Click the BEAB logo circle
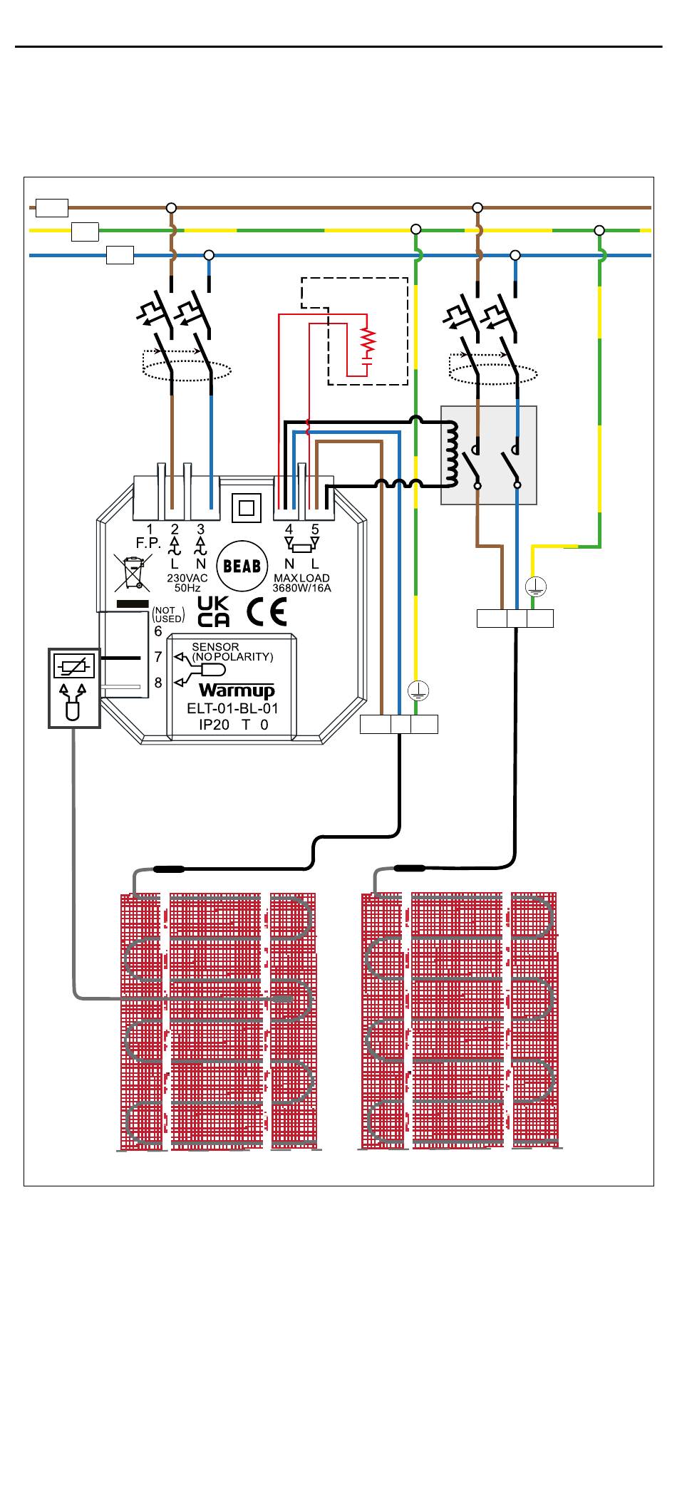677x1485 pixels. tap(242, 566)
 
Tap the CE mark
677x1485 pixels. tap(267, 612)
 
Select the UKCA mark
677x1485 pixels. tap(213, 611)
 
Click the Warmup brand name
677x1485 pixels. tap(237, 690)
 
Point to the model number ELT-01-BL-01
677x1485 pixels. tap(232, 708)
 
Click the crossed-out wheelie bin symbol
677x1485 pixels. tap(133, 573)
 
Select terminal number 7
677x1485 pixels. tap(158, 657)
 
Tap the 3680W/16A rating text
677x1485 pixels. tap(301, 588)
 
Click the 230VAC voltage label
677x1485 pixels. tap(187, 578)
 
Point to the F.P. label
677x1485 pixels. tap(148, 543)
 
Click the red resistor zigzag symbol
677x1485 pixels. tap(368, 343)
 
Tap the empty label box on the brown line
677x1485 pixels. tap(52, 207)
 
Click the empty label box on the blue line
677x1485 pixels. tap(120, 254)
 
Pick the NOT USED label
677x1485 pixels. tap(168, 614)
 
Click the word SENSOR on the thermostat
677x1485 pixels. tap(215, 647)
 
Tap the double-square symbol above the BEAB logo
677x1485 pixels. tap(247, 508)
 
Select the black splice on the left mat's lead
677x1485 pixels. tap(169, 869)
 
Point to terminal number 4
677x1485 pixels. tap(289, 529)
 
